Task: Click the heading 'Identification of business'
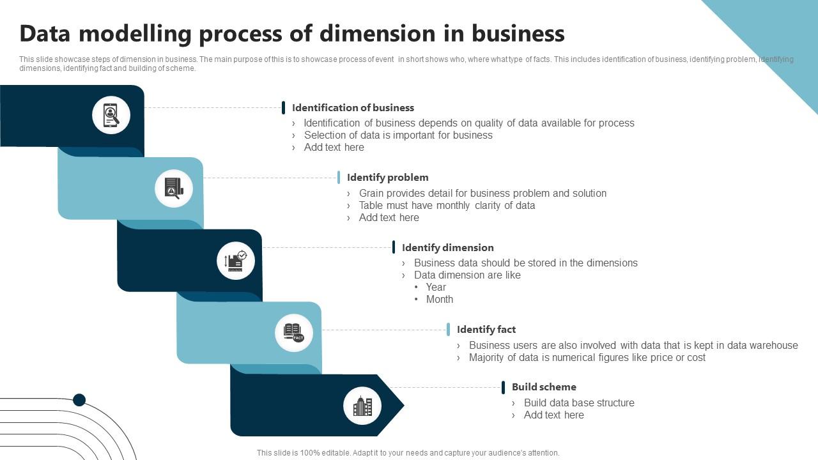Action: tap(353, 108)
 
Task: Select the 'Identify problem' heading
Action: tap(387, 178)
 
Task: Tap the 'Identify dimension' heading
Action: tap(447, 248)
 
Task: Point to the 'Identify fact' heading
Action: tap(486, 330)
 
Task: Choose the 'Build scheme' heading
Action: tap(544, 387)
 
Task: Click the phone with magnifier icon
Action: tap(111, 116)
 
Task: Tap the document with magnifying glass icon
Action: tap(174, 188)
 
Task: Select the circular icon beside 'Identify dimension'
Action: tap(236, 261)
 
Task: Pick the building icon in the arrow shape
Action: tap(362, 406)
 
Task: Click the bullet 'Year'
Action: tap(436, 287)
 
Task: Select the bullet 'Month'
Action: tap(440, 300)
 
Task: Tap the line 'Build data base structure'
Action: tap(579, 403)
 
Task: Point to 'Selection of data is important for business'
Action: tap(398, 135)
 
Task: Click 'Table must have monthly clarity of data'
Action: tap(447, 206)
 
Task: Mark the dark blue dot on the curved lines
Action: tap(79, 400)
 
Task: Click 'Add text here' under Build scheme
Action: tap(553, 415)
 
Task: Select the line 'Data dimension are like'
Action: tap(467, 275)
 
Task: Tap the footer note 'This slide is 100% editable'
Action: tap(408, 453)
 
